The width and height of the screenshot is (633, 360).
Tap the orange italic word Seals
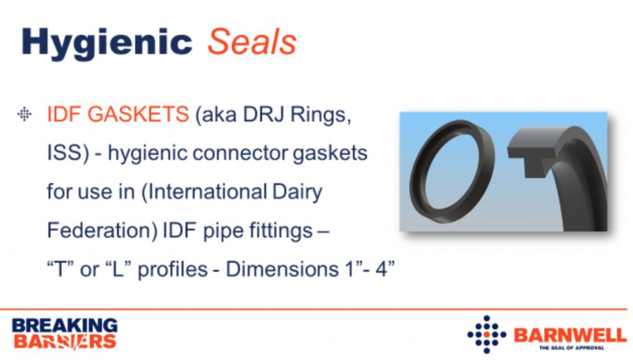252,41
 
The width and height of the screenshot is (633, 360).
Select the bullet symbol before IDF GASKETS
24,114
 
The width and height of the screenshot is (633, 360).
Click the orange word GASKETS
138,114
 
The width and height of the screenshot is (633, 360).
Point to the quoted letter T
61,269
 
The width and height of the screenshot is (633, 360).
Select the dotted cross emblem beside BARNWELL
487,335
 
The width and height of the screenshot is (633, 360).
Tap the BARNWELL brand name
570,335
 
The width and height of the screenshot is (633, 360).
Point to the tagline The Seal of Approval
572,348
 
